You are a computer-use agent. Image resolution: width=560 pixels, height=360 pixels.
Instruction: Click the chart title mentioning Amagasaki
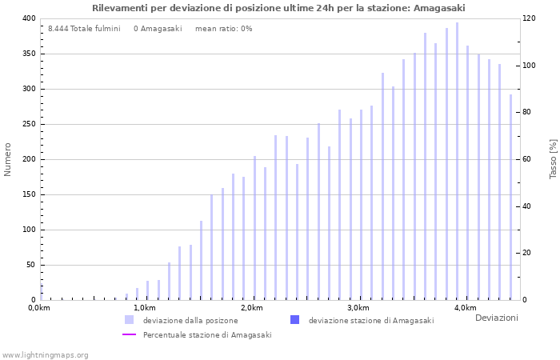click(x=278, y=8)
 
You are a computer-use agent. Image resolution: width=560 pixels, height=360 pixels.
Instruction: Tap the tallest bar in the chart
click(x=457, y=160)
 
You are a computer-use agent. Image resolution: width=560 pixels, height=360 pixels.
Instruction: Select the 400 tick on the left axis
click(x=29, y=18)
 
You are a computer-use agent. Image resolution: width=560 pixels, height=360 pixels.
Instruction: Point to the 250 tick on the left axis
click(x=29, y=124)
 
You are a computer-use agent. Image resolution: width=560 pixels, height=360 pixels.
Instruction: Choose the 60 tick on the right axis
click(x=530, y=159)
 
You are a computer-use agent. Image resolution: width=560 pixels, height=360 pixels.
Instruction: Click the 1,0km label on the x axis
click(x=144, y=308)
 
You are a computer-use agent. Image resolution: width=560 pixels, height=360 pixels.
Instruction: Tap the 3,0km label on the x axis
click(x=358, y=308)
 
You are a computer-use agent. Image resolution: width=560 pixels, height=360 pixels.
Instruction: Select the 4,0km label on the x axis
click(x=465, y=308)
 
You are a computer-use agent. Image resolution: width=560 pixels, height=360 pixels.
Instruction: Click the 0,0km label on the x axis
click(x=39, y=308)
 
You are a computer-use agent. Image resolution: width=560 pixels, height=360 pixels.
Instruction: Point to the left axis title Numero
click(x=8, y=159)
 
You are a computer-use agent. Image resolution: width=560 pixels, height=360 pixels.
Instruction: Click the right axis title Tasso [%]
click(x=553, y=159)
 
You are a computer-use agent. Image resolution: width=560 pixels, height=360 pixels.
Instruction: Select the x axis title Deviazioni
click(x=496, y=318)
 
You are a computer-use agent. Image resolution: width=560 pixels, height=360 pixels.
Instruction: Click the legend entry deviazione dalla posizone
click(x=190, y=320)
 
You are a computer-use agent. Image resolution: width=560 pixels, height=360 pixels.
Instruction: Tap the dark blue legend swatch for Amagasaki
click(x=295, y=320)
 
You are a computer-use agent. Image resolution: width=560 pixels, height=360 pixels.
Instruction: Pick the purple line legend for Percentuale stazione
click(x=129, y=334)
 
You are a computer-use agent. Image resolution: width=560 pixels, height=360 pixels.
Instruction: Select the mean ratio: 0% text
click(x=223, y=29)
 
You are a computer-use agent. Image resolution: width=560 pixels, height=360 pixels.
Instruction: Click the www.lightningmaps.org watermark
click(x=46, y=354)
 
